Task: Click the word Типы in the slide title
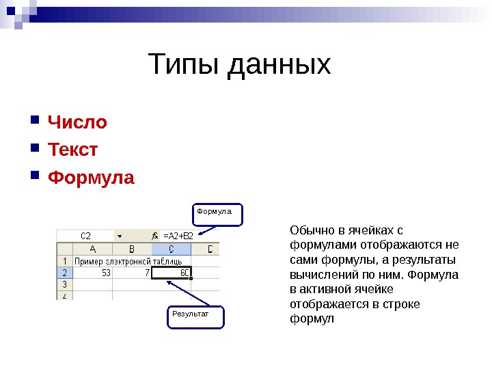coord(185,65)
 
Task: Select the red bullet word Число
coord(77,122)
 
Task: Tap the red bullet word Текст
coord(72,150)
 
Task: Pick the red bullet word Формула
coord(91,178)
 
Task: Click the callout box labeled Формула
coord(215,213)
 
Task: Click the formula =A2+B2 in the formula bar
coord(178,236)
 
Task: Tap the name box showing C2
coord(86,236)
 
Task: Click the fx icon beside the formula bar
coord(155,236)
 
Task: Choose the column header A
coord(92,249)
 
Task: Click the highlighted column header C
coord(171,249)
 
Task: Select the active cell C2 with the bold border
coord(172,272)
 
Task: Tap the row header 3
coord(64,284)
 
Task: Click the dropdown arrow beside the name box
coord(119,236)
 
